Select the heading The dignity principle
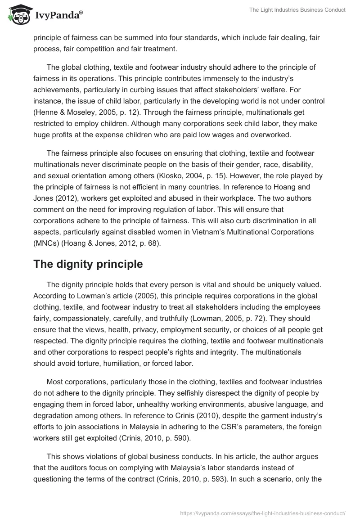tap(88, 264)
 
